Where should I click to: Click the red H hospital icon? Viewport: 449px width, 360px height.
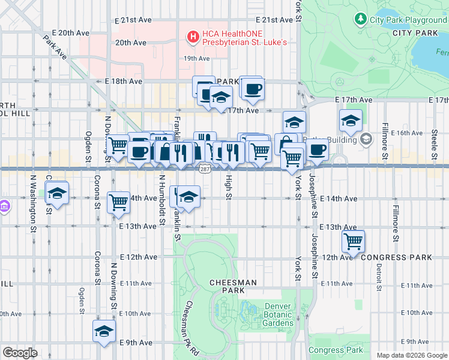[193, 37]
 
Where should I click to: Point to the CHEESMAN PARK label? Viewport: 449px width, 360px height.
[233, 286]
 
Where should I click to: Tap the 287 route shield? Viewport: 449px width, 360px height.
[205, 170]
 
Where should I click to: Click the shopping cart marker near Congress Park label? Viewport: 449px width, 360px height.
[353, 241]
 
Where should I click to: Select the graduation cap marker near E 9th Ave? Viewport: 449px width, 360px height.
[104, 331]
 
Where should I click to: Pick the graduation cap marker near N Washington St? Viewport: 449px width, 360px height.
[58, 194]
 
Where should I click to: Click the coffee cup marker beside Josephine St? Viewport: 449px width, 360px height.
[318, 149]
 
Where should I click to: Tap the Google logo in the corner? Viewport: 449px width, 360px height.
[20, 353]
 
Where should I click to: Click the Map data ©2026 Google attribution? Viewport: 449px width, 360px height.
[411, 355]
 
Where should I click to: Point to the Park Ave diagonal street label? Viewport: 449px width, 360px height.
[55, 46]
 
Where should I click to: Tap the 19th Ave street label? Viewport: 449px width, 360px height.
[196, 59]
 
